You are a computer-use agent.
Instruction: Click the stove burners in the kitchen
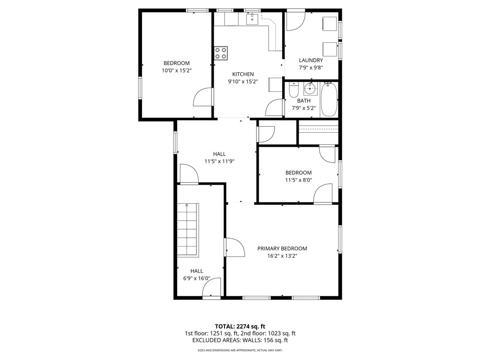tap(221, 53)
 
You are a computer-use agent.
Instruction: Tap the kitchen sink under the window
tap(253, 18)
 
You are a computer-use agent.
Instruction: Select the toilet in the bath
tap(293, 89)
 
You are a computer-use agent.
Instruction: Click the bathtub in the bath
tap(329, 100)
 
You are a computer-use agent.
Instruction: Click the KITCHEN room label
tap(243, 74)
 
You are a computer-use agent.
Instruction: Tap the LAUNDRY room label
tap(311, 60)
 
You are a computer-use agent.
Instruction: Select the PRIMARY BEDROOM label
tap(282, 248)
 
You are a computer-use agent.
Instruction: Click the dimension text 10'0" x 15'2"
tap(176, 70)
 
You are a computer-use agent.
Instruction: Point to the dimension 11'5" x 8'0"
tap(299, 180)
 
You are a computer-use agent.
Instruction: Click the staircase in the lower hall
tap(187, 230)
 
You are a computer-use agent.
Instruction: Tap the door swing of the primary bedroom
tap(234, 247)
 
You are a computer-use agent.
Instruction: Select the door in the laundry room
tap(295, 20)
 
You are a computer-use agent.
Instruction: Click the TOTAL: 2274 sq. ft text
tap(240, 326)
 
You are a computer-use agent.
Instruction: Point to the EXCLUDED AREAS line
tap(240, 340)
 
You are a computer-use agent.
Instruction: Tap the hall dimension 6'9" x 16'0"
tap(196, 278)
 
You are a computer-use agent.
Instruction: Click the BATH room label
tap(303, 101)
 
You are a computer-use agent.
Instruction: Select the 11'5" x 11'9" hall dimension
tap(219, 161)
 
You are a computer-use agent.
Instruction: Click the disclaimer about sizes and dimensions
tap(240, 350)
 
